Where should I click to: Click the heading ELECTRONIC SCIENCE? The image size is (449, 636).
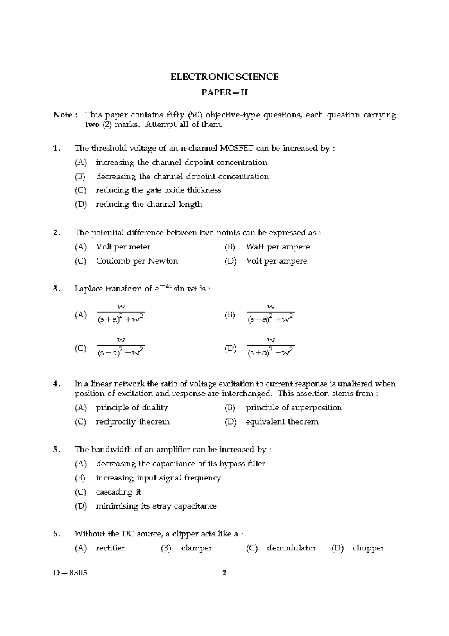click(224, 77)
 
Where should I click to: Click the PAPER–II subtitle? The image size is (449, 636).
click(224, 93)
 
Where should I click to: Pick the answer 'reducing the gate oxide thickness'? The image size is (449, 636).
click(158, 190)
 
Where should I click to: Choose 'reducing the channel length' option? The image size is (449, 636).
click(149, 204)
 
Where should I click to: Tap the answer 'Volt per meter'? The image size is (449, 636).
click(123, 247)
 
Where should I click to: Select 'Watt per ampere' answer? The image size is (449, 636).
click(278, 247)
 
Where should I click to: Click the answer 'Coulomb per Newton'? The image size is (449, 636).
click(137, 261)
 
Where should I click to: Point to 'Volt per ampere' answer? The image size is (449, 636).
click(277, 261)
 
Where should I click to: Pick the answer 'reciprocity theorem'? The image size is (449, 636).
click(133, 422)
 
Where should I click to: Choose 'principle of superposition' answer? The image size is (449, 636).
click(294, 408)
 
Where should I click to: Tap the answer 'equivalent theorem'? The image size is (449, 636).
click(282, 422)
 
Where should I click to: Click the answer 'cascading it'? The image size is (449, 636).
click(118, 492)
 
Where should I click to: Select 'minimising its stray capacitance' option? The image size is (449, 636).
click(156, 506)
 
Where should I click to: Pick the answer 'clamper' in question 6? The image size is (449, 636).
click(196, 548)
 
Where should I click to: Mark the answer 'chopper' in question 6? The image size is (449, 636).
click(368, 548)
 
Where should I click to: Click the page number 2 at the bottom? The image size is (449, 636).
click(224, 573)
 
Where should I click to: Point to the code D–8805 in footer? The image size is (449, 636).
click(70, 573)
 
